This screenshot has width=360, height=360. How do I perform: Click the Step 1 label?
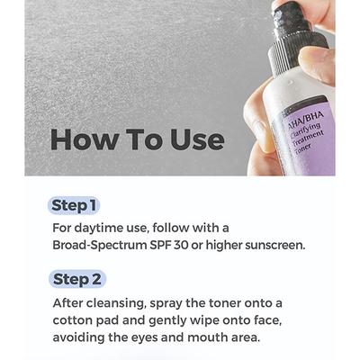(x=75, y=206)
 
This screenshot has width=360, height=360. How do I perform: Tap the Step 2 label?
(x=78, y=279)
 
